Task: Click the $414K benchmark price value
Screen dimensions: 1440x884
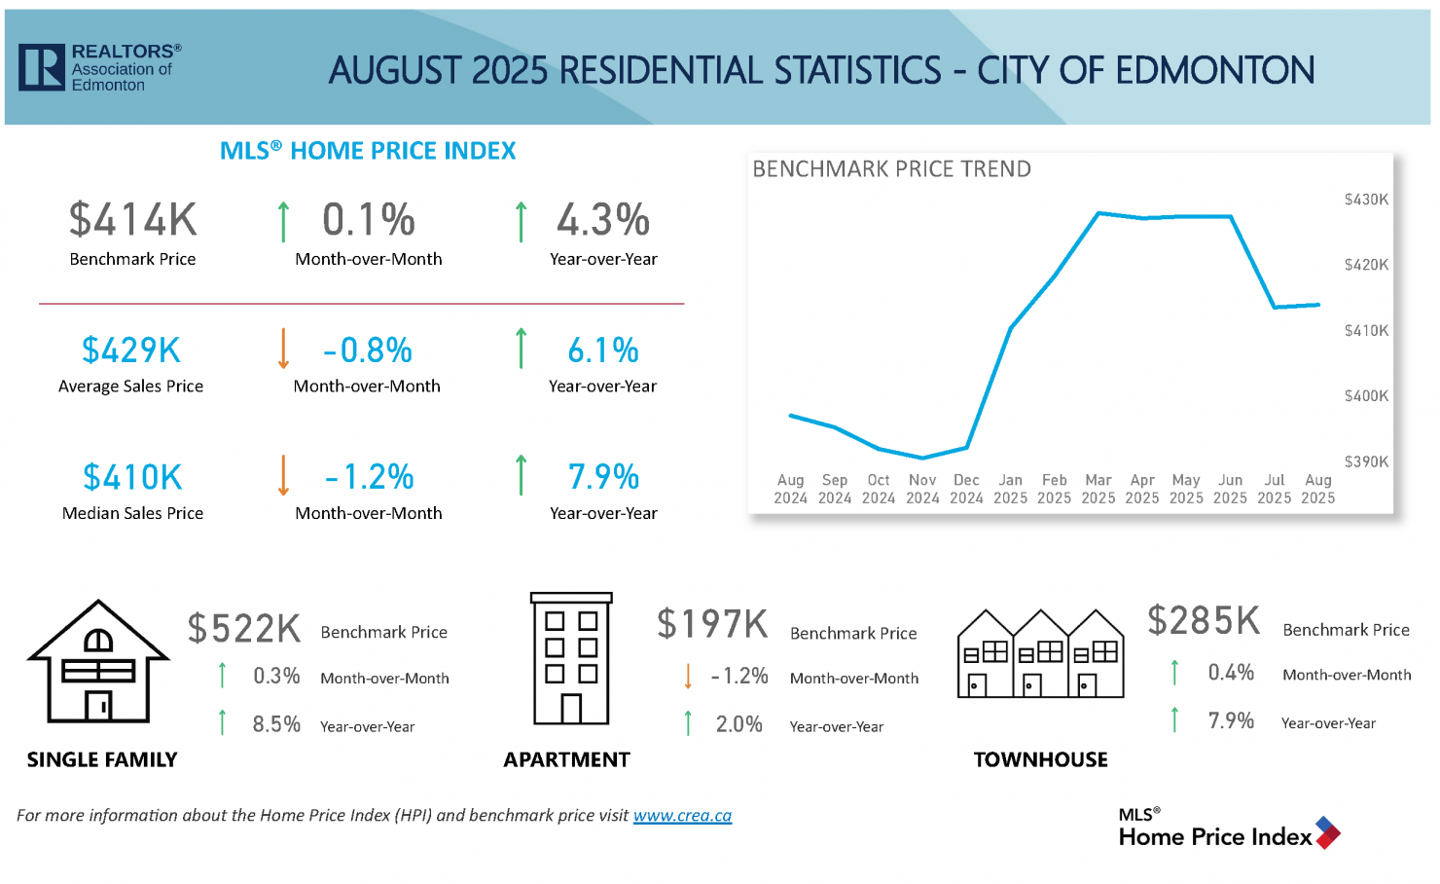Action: (133, 220)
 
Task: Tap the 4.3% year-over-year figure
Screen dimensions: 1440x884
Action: (603, 220)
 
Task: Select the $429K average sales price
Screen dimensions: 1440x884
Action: (131, 350)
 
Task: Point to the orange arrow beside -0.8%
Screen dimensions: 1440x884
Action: (283, 349)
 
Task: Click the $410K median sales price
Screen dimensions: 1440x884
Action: (132, 477)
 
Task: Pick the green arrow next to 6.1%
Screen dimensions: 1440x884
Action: (522, 349)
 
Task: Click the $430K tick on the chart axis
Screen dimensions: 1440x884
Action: (1366, 200)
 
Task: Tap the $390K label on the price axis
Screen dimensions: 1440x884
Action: (1366, 461)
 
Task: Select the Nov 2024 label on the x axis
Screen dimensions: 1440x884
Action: (922, 489)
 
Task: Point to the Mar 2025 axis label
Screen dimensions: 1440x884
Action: (1098, 489)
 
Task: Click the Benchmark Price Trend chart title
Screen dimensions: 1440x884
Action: (891, 169)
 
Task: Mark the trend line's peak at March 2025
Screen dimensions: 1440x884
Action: (1098, 213)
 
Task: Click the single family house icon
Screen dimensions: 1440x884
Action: (98, 661)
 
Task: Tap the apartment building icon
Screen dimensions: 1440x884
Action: (571, 659)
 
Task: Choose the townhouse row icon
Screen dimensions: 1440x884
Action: (1040, 653)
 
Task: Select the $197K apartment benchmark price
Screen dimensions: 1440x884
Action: (712, 624)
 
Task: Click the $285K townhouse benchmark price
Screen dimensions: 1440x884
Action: (1204, 621)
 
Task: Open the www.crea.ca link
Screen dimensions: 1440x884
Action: (682, 816)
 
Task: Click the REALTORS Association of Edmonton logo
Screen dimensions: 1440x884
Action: (99, 67)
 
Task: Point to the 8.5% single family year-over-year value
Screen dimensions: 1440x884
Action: (276, 724)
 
